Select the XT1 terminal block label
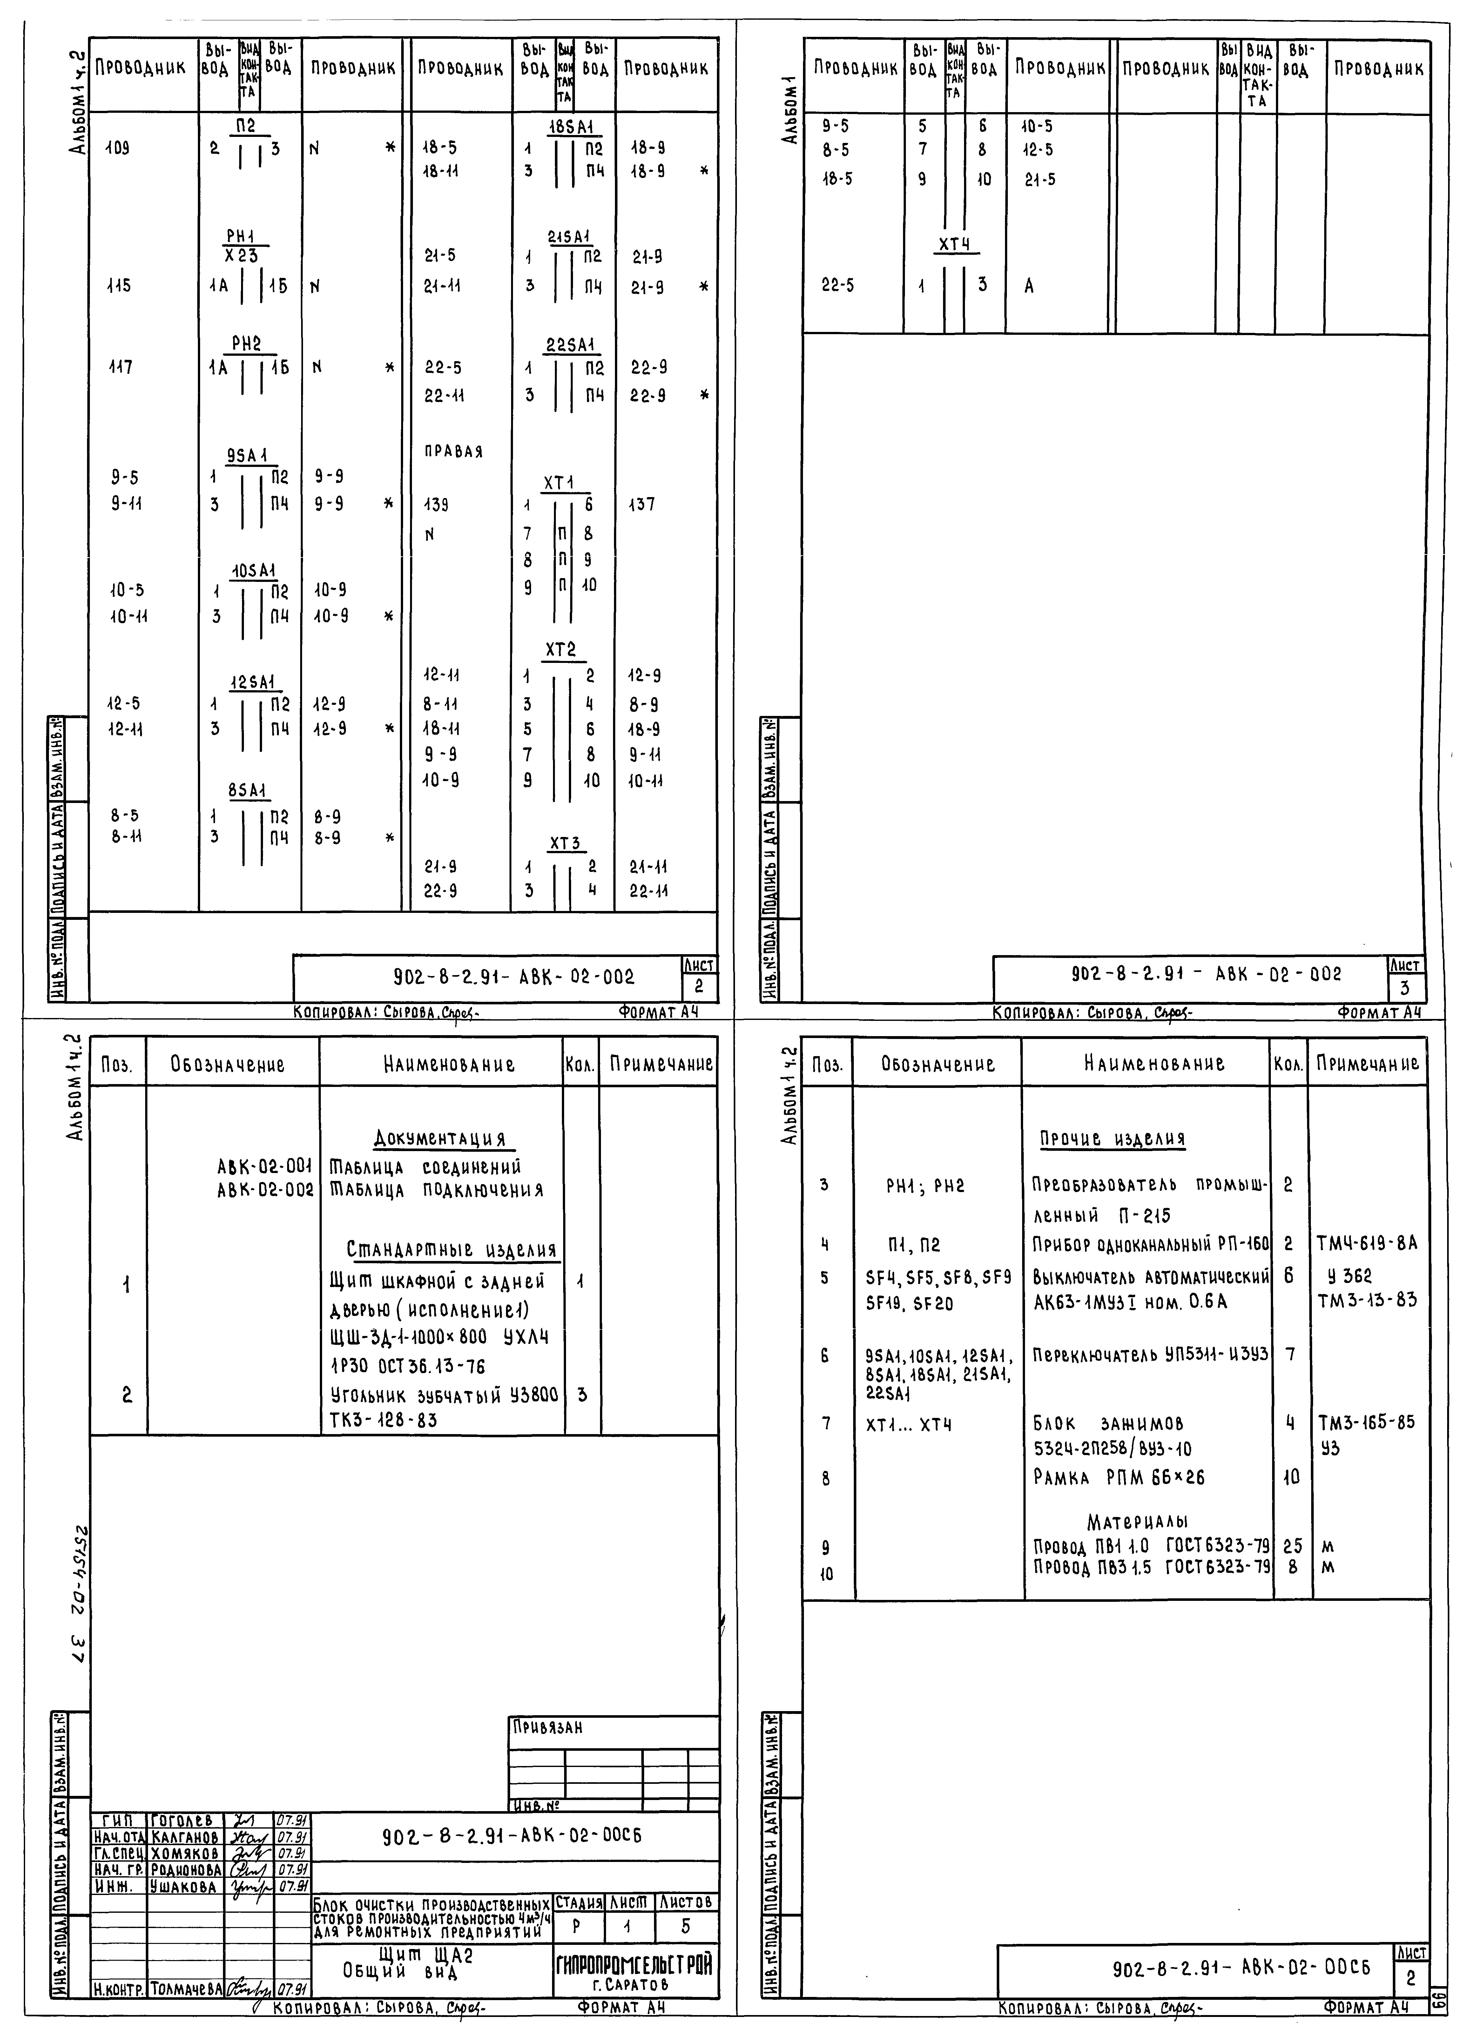pos(558,484)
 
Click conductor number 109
pos(117,149)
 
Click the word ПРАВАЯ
pos(453,452)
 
